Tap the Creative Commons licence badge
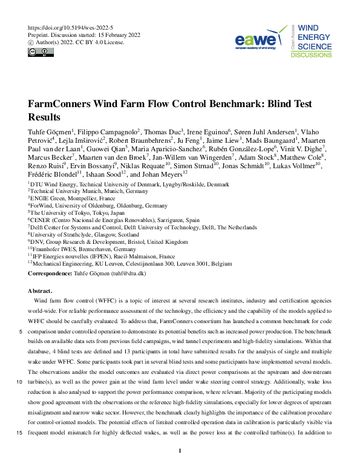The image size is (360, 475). pos(38,51)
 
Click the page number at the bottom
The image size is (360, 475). pos(180,451)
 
